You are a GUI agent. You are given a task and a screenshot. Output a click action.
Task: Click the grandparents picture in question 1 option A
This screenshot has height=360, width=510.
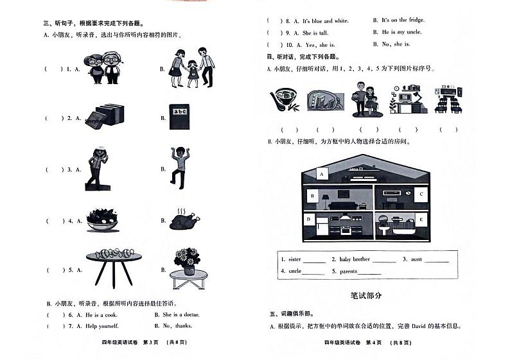(x=104, y=67)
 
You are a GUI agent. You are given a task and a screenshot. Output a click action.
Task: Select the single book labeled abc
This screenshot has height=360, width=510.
(x=180, y=117)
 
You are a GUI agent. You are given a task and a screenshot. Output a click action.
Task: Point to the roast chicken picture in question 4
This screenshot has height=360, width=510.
(x=181, y=220)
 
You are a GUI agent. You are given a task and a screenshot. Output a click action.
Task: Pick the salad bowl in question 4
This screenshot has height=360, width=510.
(x=103, y=219)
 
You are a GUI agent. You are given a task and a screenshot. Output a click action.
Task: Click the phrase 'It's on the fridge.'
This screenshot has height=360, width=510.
(x=403, y=20)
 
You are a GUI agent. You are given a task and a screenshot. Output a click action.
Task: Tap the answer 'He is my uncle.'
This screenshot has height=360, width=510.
(x=402, y=32)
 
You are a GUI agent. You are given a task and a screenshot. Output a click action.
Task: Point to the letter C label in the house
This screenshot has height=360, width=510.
(x=420, y=193)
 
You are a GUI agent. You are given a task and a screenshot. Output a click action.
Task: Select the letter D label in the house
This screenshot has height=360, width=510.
(x=309, y=219)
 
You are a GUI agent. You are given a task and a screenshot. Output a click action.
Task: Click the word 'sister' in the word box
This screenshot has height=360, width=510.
(x=294, y=259)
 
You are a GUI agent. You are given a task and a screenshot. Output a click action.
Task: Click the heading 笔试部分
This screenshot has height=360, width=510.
(x=366, y=295)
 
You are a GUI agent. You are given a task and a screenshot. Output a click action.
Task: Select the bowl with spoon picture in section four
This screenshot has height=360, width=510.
(x=283, y=101)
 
